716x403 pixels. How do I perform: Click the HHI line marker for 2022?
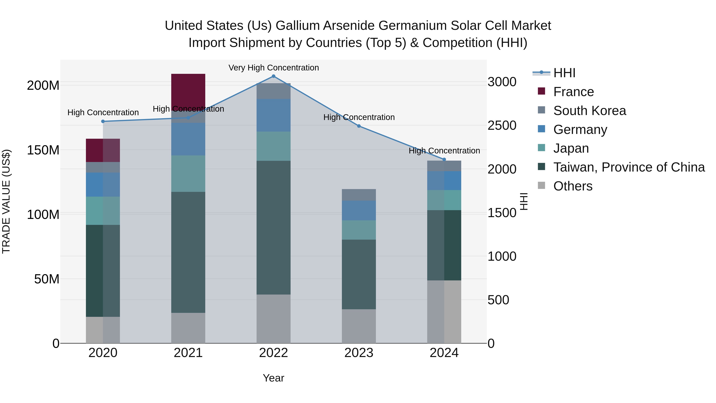click(273, 76)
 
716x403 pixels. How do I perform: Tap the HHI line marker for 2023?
click(359, 126)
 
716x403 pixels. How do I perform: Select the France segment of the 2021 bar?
click(188, 90)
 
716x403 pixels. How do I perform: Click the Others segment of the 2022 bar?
click(273, 319)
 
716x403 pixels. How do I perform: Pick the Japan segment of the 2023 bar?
click(359, 230)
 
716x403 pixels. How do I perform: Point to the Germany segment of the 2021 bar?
click(188, 139)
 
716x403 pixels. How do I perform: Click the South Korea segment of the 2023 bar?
click(359, 195)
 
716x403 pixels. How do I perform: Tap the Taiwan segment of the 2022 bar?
click(273, 227)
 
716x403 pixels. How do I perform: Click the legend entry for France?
click(573, 92)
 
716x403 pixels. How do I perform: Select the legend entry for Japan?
click(571, 148)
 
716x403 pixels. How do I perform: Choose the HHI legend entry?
click(564, 73)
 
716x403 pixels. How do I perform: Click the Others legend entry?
click(573, 186)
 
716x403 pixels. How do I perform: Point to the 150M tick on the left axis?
click(43, 150)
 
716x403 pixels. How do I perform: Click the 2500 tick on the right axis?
click(502, 125)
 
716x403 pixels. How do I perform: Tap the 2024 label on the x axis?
click(444, 353)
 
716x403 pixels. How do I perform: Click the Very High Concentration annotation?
click(273, 68)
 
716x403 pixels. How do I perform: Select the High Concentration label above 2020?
click(103, 112)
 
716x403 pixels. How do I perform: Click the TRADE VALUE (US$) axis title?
click(6, 201)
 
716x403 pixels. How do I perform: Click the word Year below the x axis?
click(273, 378)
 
